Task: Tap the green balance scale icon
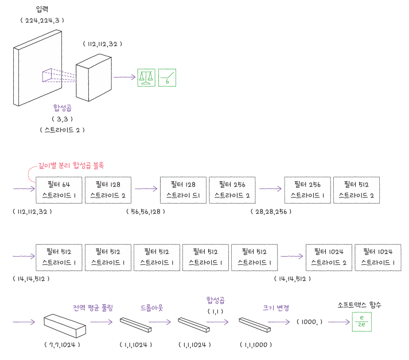pos(146,78)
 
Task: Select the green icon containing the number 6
pos(168,78)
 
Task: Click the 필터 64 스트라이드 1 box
pos(59,190)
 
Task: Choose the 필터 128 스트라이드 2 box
pos(107,190)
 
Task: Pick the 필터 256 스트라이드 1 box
pos(307,190)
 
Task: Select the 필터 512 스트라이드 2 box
pos(356,190)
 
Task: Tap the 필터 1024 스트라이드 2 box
pos(328,257)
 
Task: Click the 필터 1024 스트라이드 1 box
pos(377,257)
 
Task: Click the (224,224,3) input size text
pos(41,20)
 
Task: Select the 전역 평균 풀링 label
pos(93,308)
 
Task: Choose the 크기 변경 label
pos(276,308)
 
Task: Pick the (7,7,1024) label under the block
pos(61,344)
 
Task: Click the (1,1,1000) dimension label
pos(254,344)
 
